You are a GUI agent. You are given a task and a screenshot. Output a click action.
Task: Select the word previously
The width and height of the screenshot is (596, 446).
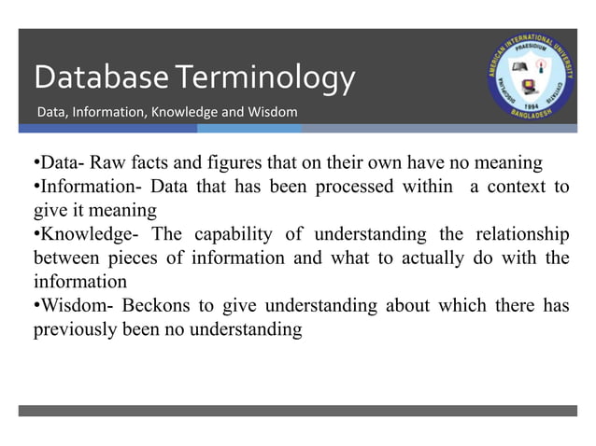click(x=73, y=328)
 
